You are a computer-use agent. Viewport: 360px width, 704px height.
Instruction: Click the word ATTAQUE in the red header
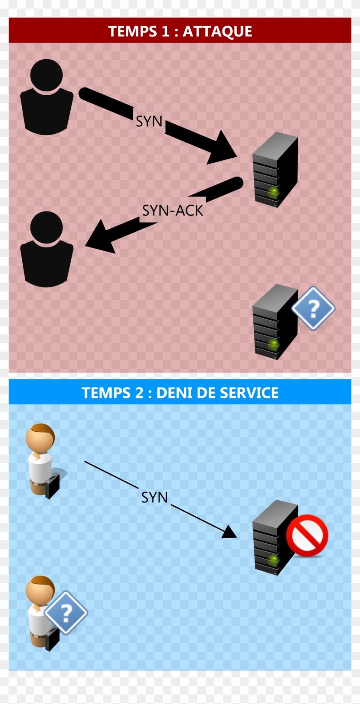coord(217,32)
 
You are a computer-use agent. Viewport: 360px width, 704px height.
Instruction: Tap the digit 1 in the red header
coord(165,31)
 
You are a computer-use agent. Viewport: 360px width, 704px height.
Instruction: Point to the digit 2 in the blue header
coord(139,393)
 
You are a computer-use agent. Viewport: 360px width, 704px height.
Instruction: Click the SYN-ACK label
coord(172,211)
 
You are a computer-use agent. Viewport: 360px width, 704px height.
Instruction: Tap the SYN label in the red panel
coord(149,121)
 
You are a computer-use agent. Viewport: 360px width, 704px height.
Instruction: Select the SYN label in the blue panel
coord(154,497)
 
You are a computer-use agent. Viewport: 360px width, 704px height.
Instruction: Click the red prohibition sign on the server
coord(307,535)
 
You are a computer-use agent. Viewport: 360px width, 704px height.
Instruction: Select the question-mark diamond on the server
coord(313,308)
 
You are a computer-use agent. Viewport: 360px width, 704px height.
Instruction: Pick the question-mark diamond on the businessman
coord(66,613)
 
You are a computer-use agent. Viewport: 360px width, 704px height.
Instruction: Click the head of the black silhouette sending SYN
coord(46,75)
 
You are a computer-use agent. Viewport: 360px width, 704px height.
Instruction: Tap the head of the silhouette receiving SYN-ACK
coord(46,227)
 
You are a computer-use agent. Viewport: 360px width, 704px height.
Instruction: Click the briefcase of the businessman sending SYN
coord(52,486)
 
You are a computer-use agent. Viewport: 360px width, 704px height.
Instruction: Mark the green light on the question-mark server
coord(273,344)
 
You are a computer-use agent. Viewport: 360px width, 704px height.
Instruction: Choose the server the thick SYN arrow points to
coord(275,170)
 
